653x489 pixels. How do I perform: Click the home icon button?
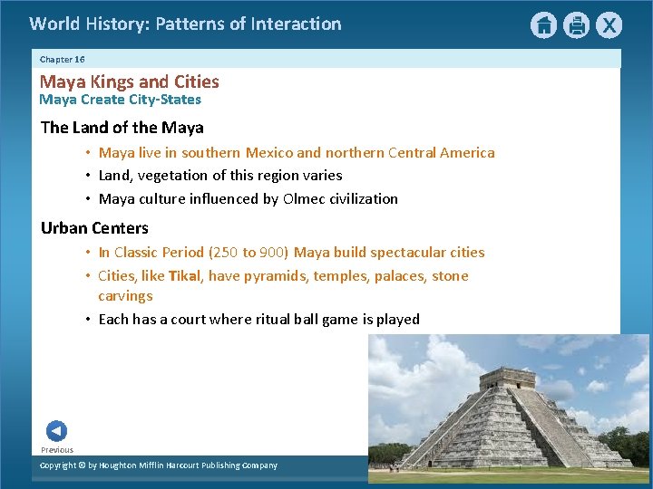point(543,25)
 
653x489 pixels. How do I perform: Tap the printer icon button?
point(576,25)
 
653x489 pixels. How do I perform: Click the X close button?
point(609,25)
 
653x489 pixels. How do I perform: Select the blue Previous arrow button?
point(56,431)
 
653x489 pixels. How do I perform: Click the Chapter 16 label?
point(62,59)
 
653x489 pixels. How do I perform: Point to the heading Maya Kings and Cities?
point(129,81)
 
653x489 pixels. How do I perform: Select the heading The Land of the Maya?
point(122,127)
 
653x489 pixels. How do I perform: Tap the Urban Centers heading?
point(94,227)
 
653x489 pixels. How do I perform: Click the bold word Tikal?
point(185,275)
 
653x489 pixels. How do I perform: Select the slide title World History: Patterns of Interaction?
point(185,24)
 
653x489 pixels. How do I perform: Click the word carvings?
point(125,295)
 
